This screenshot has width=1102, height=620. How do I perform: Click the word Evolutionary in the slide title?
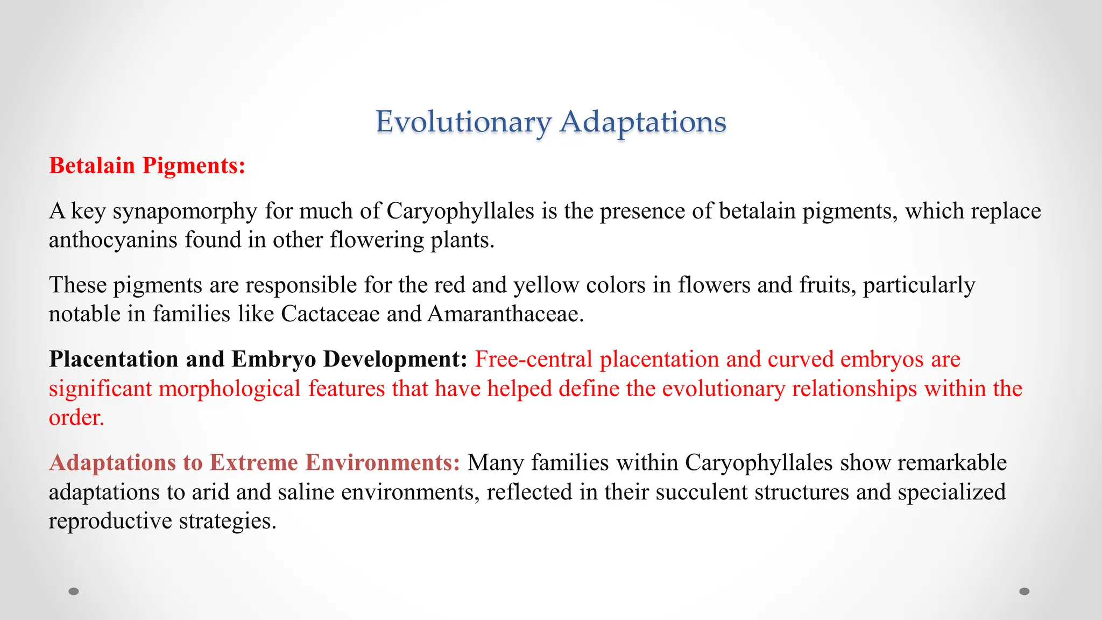[463, 122]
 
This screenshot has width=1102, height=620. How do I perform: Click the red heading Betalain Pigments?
[147, 166]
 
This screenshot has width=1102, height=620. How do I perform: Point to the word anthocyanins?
[113, 240]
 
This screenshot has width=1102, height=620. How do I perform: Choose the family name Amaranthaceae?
[505, 314]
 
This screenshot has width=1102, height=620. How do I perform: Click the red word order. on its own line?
[76, 418]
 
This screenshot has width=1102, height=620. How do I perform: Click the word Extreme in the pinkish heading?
[253, 463]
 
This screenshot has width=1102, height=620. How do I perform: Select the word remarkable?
[952, 463]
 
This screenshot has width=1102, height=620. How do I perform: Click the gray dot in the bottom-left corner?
[74, 591]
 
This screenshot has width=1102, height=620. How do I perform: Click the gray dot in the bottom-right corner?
[1025, 591]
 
